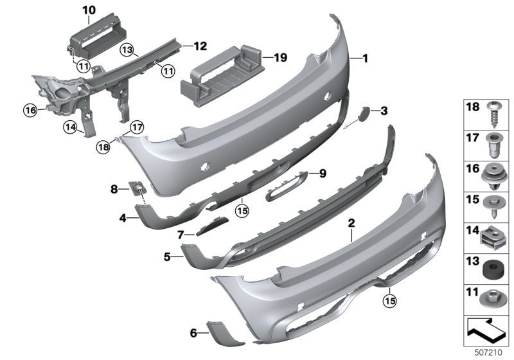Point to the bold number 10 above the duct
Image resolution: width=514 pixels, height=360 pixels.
pos(88,10)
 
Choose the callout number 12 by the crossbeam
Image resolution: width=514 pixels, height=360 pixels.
pos(200,46)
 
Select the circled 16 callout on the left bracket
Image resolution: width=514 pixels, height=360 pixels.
pos(31,111)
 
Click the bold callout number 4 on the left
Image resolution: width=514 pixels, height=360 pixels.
pos(122,218)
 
